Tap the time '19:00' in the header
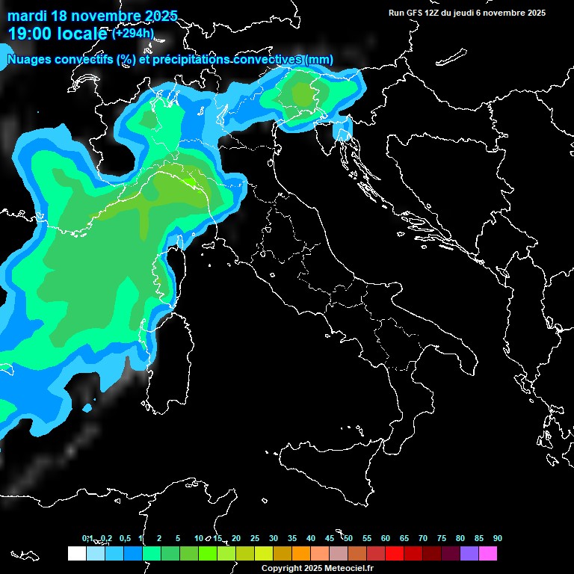point(31,34)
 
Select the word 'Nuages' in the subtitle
point(29,59)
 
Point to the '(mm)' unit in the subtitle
point(319,59)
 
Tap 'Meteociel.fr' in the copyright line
point(352,568)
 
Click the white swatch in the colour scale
point(76,553)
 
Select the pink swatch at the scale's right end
point(487,553)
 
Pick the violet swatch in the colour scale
point(469,553)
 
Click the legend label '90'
point(497,538)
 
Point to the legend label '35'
point(291,538)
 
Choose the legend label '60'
point(385,538)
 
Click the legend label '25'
point(254,538)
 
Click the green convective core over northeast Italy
point(304,94)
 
